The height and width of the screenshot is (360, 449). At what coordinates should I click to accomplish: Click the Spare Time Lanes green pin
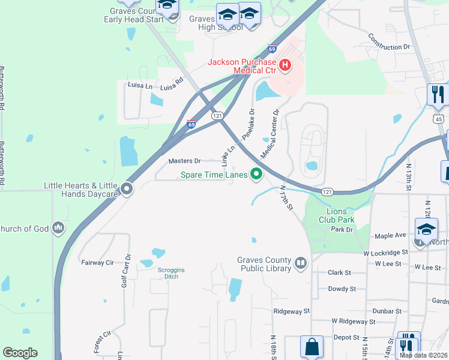tap(256, 175)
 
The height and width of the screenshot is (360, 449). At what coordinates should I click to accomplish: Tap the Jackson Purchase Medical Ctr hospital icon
tap(285, 65)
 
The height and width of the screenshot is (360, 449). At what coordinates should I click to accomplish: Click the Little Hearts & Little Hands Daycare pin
tap(127, 189)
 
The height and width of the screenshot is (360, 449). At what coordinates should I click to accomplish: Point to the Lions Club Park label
tap(340, 215)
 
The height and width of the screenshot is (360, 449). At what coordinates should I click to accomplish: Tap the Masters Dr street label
tap(185, 161)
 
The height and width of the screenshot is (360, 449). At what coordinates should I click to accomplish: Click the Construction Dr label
tap(389, 46)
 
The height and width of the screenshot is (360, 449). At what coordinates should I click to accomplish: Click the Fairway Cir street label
tap(97, 262)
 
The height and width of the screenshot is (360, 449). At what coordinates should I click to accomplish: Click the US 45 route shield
tap(440, 118)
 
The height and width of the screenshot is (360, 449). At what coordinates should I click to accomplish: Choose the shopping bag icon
tap(312, 346)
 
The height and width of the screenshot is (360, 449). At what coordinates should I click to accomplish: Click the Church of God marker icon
tap(58, 228)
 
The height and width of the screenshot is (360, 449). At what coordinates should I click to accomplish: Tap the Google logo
tap(20, 353)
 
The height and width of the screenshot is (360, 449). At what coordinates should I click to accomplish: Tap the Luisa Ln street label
tap(139, 85)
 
